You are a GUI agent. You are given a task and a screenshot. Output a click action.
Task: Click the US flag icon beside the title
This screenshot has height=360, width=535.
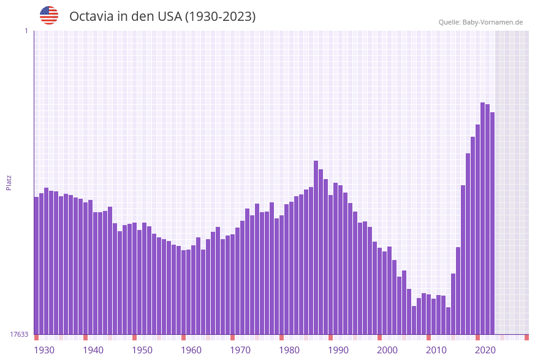(x=49, y=15)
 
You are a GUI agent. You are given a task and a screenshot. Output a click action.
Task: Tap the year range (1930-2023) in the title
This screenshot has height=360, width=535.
(x=220, y=17)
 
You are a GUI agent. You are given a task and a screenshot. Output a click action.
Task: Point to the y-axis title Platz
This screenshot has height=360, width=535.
(x=9, y=182)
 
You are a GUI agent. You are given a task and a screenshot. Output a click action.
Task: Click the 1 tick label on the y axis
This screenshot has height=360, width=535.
(x=26, y=31)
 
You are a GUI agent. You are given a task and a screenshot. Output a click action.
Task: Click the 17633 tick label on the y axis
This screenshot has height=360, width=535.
(x=19, y=334)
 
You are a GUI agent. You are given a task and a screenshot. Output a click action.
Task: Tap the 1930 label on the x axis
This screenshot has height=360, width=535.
(x=44, y=350)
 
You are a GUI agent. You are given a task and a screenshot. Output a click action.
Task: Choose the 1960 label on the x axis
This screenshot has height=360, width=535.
(x=191, y=350)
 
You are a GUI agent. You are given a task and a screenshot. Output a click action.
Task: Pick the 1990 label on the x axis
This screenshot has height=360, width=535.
(x=338, y=350)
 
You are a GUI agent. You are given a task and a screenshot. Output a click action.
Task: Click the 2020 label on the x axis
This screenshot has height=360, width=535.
(x=485, y=350)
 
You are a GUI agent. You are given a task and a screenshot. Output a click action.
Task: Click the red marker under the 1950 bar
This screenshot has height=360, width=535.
(x=135, y=337)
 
